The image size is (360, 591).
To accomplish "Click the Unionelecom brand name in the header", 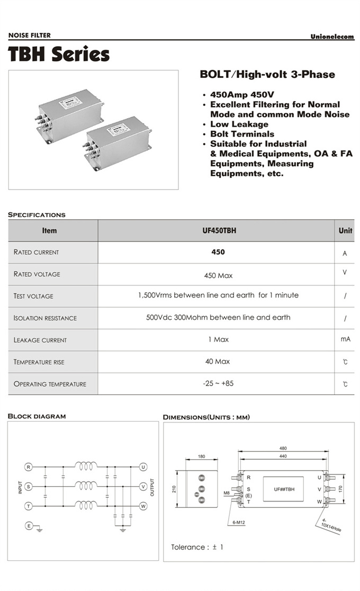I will tap(332, 37).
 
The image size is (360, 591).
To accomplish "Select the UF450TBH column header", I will tap(217, 231).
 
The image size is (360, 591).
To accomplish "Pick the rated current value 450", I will tap(218, 252).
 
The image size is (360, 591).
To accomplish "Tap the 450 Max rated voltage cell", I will tap(218, 275).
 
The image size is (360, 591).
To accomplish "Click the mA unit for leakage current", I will tap(345, 339).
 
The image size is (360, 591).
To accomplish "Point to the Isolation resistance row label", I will tap(45, 318).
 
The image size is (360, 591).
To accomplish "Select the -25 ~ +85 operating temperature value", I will tap(218, 383).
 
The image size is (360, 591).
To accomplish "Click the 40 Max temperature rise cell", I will tap(218, 362).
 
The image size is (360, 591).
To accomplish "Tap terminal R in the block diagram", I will tap(29, 467).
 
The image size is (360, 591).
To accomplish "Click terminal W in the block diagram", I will tap(143, 506).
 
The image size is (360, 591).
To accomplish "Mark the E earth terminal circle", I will tap(29, 525).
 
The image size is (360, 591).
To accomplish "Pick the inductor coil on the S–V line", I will tap(86, 486).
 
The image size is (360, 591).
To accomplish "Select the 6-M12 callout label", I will tap(239, 523).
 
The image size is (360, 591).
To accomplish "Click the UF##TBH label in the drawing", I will tap(284, 490).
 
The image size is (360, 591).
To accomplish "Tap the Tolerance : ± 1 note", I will tap(197, 547).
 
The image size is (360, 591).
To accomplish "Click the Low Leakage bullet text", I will tap(239, 124).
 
